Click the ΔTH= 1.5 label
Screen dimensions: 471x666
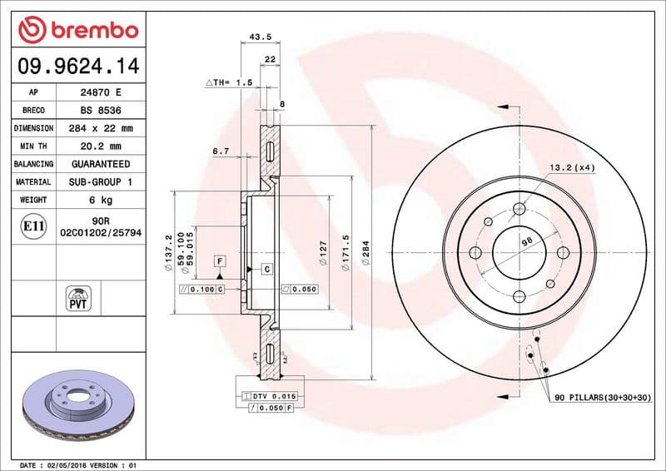228,83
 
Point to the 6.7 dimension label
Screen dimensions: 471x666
221,151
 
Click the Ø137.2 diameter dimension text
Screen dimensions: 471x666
169,253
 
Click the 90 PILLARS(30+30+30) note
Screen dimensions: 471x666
603,399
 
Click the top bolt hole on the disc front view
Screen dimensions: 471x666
519,209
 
